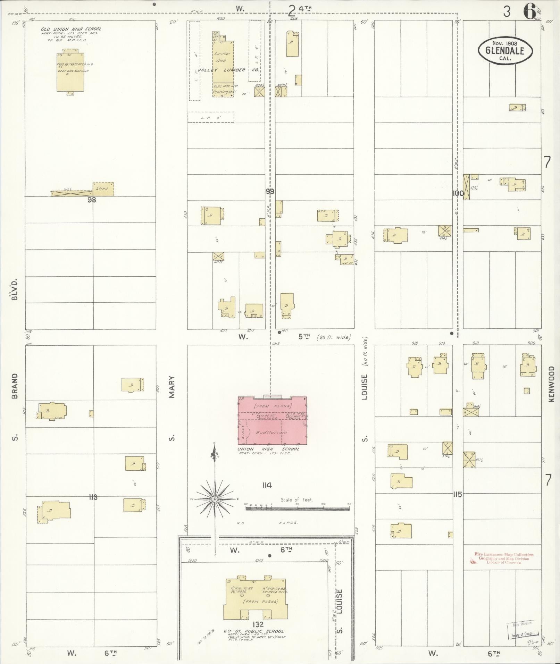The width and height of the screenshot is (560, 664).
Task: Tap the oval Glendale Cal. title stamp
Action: (501, 50)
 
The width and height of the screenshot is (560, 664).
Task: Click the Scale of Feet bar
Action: (298, 508)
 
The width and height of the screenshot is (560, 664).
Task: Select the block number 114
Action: (267, 485)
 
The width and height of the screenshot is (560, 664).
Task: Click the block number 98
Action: (92, 200)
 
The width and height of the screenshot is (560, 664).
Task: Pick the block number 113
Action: (93, 497)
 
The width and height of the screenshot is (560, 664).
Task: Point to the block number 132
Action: (258, 624)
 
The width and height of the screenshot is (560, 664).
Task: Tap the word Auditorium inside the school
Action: (267, 432)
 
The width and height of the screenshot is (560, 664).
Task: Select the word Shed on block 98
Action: (102, 188)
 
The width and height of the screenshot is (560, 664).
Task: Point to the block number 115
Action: (458, 494)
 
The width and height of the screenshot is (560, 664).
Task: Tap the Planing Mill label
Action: (225, 92)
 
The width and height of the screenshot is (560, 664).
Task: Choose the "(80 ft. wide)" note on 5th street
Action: (334, 337)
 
